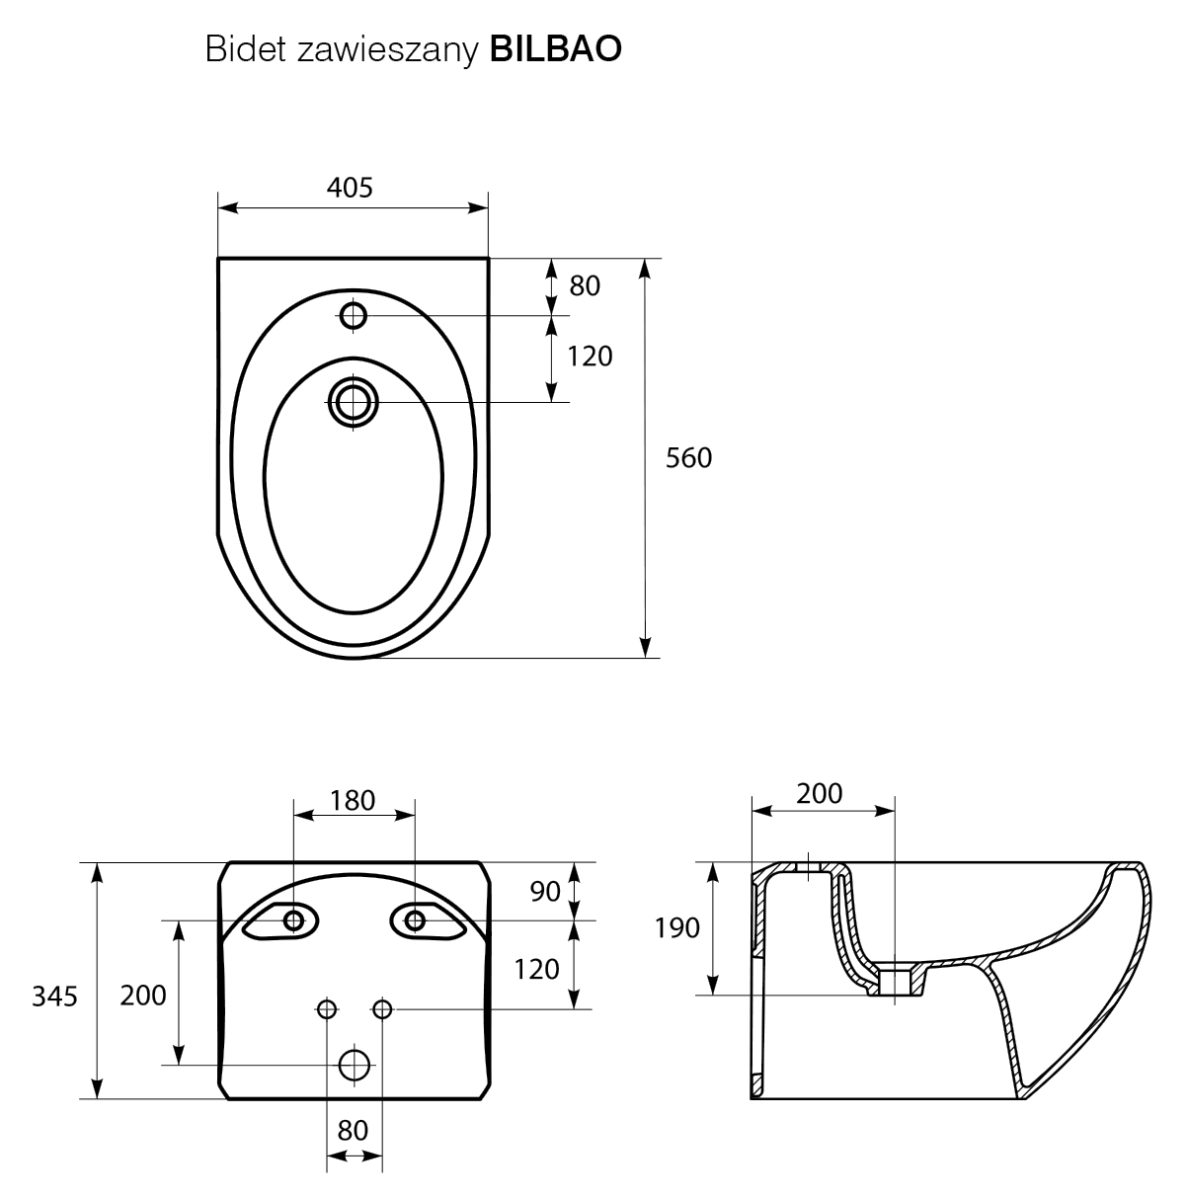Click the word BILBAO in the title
click(556, 48)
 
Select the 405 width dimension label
click(351, 187)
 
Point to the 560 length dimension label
click(688, 458)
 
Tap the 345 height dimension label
click(54, 997)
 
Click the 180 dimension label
click(354, 800)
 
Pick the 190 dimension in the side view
click(677, 927)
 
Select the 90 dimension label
click(545, 891)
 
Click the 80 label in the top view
click(585, 286)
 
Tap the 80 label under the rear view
click(353, 1129)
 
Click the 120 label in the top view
click(590, 356)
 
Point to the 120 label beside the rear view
click(537, 969)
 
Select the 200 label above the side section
click(820, 793)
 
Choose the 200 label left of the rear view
click(143, 996)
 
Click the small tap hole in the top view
click(354, 316)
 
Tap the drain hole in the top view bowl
click(354, 402)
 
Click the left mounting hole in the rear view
click(293, 920)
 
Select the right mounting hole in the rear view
click(415, 920)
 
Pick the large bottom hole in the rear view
click(355, 1065)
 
